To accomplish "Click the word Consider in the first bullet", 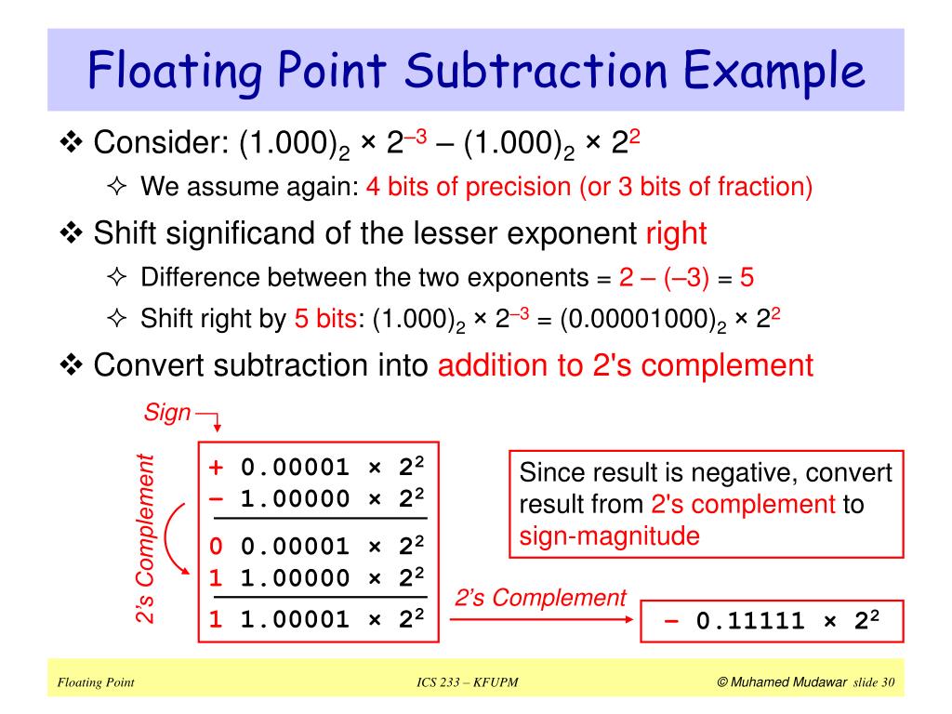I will pyautogui.click(x=162, y=144).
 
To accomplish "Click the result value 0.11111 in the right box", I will pyautogui.click(x=750, y=621).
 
